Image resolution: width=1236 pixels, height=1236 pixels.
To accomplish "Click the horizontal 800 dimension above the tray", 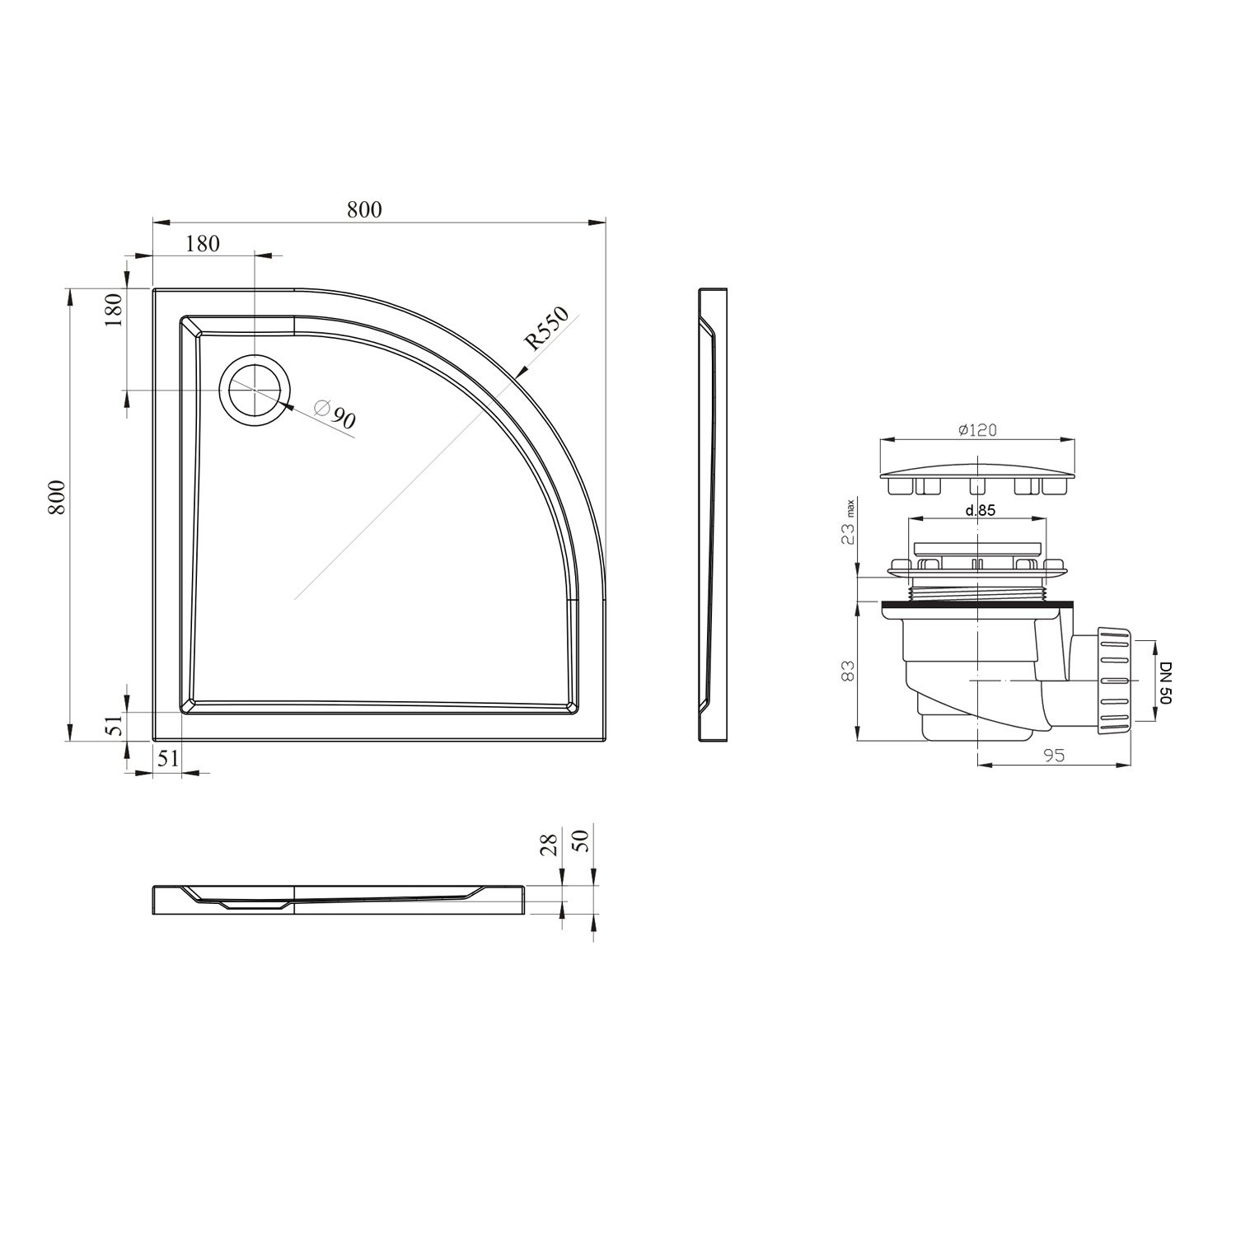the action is click(364, 210).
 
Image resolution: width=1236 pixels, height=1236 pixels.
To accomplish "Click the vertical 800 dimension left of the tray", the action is click(56, 498).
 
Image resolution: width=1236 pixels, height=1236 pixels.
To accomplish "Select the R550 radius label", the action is click(548, 329).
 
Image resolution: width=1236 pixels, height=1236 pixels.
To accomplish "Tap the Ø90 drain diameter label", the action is click(336, 414).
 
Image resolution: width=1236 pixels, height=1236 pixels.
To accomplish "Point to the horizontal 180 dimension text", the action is click(203, 244).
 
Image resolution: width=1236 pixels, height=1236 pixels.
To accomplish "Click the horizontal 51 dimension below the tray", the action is click(168, 759).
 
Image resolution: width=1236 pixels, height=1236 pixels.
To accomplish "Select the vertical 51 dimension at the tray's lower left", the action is click(115, 725).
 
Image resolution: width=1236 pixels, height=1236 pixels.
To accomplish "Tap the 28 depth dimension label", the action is click(550, 844).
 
